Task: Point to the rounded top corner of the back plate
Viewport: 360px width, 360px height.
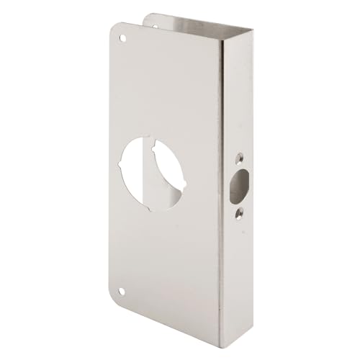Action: pos(150,14)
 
